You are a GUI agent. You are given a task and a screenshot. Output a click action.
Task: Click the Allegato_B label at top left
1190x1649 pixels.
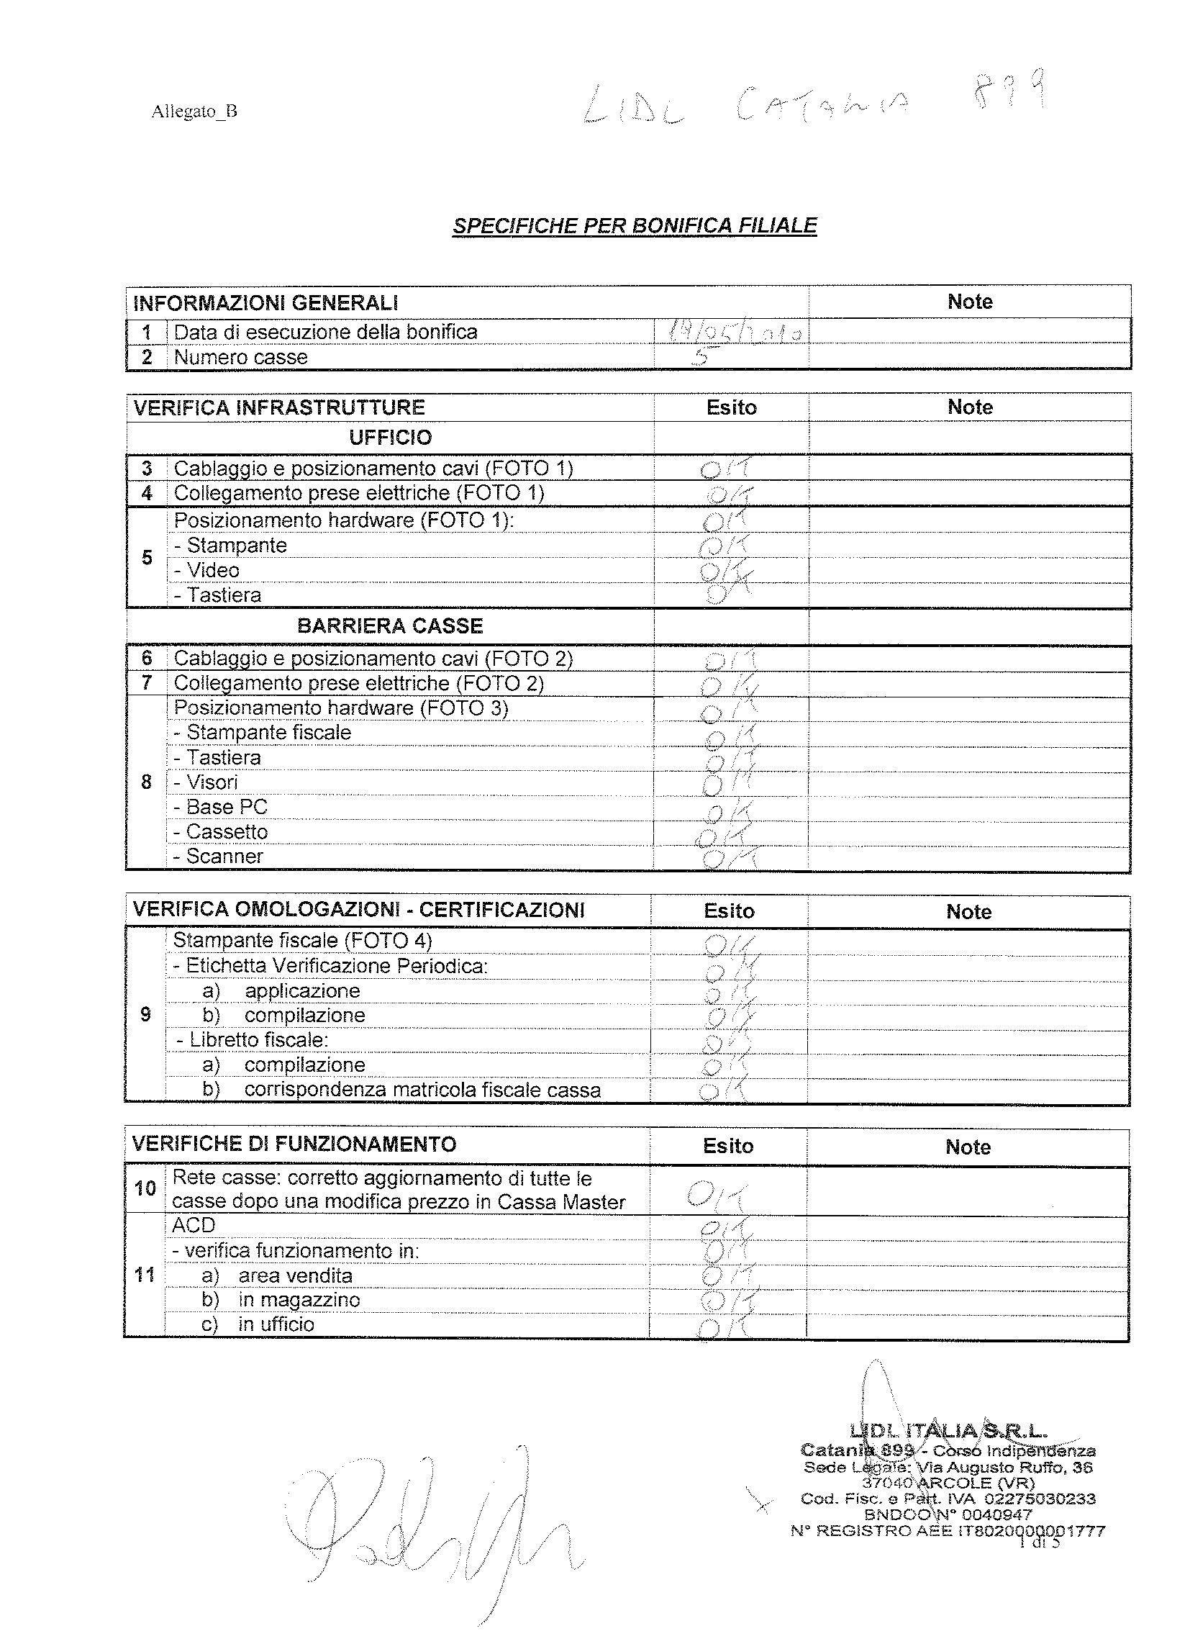(x=194, y=112)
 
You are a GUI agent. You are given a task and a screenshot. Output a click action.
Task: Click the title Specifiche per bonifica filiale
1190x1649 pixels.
(x=635, y=226)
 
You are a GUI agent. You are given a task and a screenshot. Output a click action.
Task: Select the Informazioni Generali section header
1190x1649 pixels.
(x=265, y=302)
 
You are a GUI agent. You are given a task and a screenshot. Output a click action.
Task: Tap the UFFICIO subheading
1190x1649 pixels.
(x=390, y=438)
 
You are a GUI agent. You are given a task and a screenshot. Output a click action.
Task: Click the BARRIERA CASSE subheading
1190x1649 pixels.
(x=390, y=626)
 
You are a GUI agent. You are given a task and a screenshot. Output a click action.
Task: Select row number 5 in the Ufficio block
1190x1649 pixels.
(x=147, y=558)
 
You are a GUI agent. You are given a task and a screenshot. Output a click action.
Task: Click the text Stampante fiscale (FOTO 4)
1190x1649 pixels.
(x=302, y=941)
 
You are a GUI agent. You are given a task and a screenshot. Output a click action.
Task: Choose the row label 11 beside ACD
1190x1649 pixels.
(x=145, y=1274)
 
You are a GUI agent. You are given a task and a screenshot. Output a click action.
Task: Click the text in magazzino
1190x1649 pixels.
(x=299, y=1299)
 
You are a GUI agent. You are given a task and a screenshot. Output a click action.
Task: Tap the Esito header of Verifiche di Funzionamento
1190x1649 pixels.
(x=727, y=1147)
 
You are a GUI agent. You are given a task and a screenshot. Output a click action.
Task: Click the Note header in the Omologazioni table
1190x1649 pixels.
(x=968, y=912)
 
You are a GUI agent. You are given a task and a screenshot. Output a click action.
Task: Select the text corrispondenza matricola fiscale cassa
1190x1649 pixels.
(x=422, y=1090)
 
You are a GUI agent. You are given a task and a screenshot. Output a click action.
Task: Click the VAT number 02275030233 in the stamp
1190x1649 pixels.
(x=1040, y=1499)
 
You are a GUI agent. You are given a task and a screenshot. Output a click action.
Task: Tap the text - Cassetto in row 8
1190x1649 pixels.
(x=221, y=832)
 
